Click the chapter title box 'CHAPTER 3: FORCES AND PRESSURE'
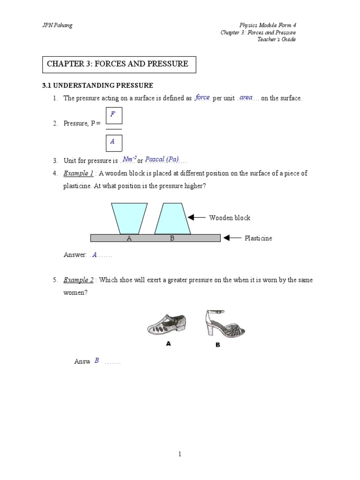119,64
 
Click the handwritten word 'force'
202,97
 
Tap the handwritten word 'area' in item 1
246,97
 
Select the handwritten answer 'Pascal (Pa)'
162,160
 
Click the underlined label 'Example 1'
79,173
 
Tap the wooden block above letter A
129,217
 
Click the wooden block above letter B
172,218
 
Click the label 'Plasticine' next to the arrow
258,238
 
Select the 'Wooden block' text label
230,217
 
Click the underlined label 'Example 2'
79,280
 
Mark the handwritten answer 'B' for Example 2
97,360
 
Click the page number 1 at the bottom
180,454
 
